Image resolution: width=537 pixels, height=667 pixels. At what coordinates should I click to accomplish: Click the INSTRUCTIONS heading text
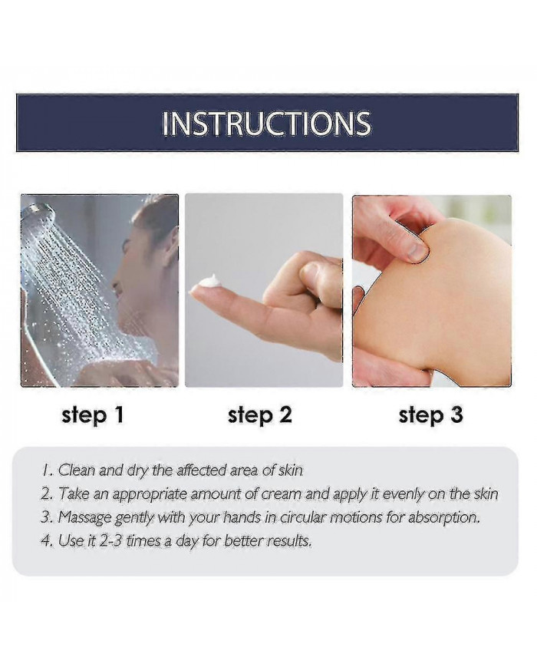point(267,124)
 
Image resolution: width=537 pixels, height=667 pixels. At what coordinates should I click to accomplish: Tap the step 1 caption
point(93,415)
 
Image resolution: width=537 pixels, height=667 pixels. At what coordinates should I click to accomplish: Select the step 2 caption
point(260,415)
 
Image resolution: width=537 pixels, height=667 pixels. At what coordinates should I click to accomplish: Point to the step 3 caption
point(431,415)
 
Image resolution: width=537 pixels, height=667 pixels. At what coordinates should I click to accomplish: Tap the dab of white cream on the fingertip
point(208,283)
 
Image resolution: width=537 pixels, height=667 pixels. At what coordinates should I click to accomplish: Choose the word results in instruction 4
point(288,540)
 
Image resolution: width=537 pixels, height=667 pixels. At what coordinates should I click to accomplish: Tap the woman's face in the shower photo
point(130,276)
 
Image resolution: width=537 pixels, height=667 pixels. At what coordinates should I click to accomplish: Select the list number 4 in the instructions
point(44,540)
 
